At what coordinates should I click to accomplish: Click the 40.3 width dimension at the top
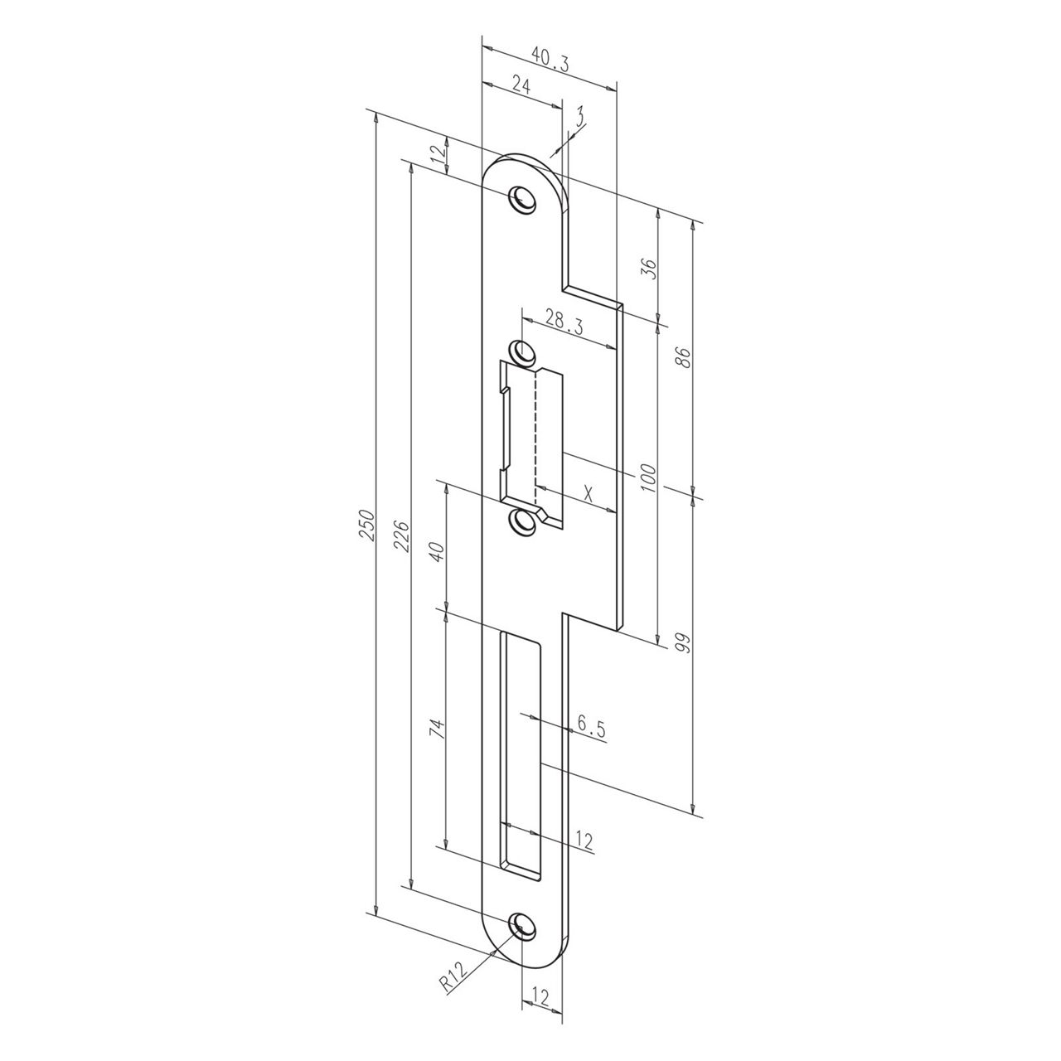[550, 58]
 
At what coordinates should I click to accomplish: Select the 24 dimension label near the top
[521, 83]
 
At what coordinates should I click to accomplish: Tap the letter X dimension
[588, 493]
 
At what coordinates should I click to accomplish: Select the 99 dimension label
[683, 643]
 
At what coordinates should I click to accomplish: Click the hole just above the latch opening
[522, 351]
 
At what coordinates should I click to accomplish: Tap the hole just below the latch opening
[522, 521]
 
